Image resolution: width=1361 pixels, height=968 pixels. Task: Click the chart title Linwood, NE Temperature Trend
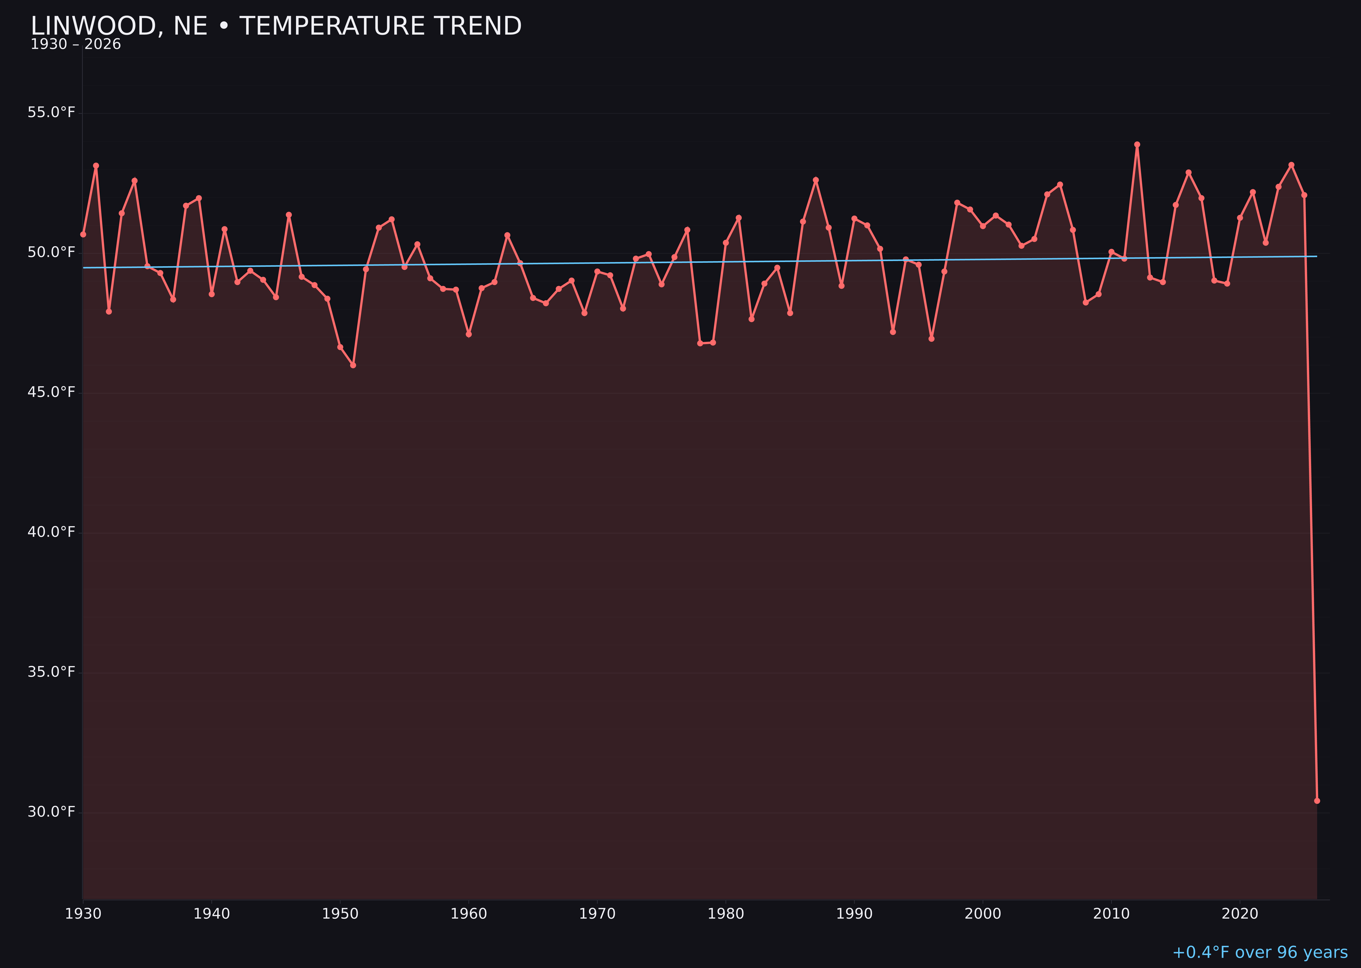point(276,26)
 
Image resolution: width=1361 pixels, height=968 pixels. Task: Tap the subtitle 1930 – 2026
point(76,45)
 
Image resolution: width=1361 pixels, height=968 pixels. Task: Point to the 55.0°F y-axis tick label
point(51,113)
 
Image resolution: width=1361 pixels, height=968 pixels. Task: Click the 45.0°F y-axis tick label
point(51,392)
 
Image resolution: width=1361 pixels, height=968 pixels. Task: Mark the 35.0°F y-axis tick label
point(51,672)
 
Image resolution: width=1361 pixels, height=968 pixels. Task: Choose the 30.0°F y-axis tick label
point(51,812)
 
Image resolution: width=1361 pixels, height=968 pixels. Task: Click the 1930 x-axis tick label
point(83,914)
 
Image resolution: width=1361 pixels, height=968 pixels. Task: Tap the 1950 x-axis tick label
point(340,914)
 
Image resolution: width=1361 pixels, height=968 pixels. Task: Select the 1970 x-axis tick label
point(597,914)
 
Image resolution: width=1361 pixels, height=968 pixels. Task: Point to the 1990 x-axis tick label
point(854,914)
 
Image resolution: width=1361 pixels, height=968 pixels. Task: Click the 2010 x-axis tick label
point(1111,914)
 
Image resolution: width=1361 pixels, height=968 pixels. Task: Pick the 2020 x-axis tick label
point(1240,914)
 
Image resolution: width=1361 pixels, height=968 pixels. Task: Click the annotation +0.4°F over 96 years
point(1260,952)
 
